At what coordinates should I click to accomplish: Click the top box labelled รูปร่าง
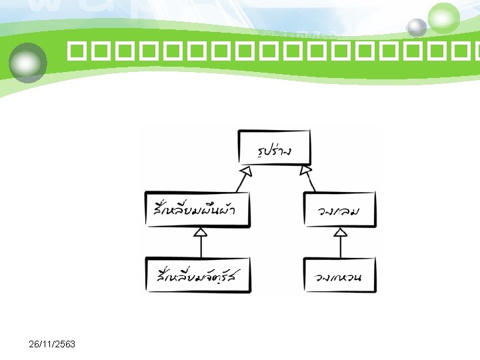click(x=275, y=148)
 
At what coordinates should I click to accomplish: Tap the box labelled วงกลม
click(x=339, y=210)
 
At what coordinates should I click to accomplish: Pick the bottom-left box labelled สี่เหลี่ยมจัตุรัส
click(x=199, y=274)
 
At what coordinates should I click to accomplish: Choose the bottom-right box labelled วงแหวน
click(x=339, y=275)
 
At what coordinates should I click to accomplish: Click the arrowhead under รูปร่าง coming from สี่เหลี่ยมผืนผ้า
click(x=246, y=171)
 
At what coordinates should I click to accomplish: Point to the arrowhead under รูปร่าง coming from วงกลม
click(x=306, y=171)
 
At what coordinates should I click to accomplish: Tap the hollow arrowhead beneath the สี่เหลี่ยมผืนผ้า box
click(x=201, y=232)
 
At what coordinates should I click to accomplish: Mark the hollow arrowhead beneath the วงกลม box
click(x=341, y=232)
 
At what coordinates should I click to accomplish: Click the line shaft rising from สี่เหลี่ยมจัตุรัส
click(x=201, y=247)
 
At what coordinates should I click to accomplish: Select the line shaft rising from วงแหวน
click(x=341, y=247)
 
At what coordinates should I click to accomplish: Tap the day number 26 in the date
click(x=35, y=344)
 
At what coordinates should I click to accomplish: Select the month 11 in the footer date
click(x=47, y=344)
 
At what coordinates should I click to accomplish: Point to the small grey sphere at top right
click(x=417, y=27)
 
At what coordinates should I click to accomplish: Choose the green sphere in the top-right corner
click(x=443, y=18)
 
